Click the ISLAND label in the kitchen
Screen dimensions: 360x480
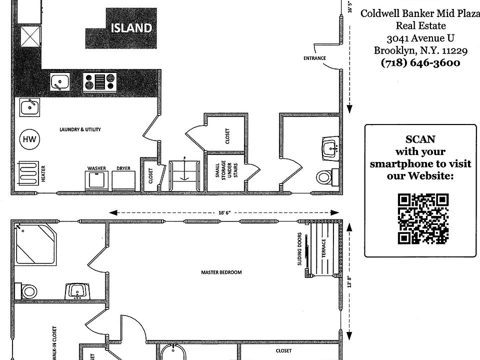pos(131,27)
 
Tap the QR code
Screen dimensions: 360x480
pos(422,219)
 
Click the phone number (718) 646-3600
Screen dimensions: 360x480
pos(420,63)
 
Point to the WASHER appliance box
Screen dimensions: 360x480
pos(96,180)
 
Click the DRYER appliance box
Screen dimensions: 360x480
pos(123,180)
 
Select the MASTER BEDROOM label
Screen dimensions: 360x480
pos(221,272)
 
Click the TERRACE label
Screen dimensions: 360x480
pos(323,248)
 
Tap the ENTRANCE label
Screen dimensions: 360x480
pos(314,58)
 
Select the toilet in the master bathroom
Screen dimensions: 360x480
pos(27,290)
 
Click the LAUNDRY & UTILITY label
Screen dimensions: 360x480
pos(80,129)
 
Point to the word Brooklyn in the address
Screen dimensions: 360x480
pos(392,50)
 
